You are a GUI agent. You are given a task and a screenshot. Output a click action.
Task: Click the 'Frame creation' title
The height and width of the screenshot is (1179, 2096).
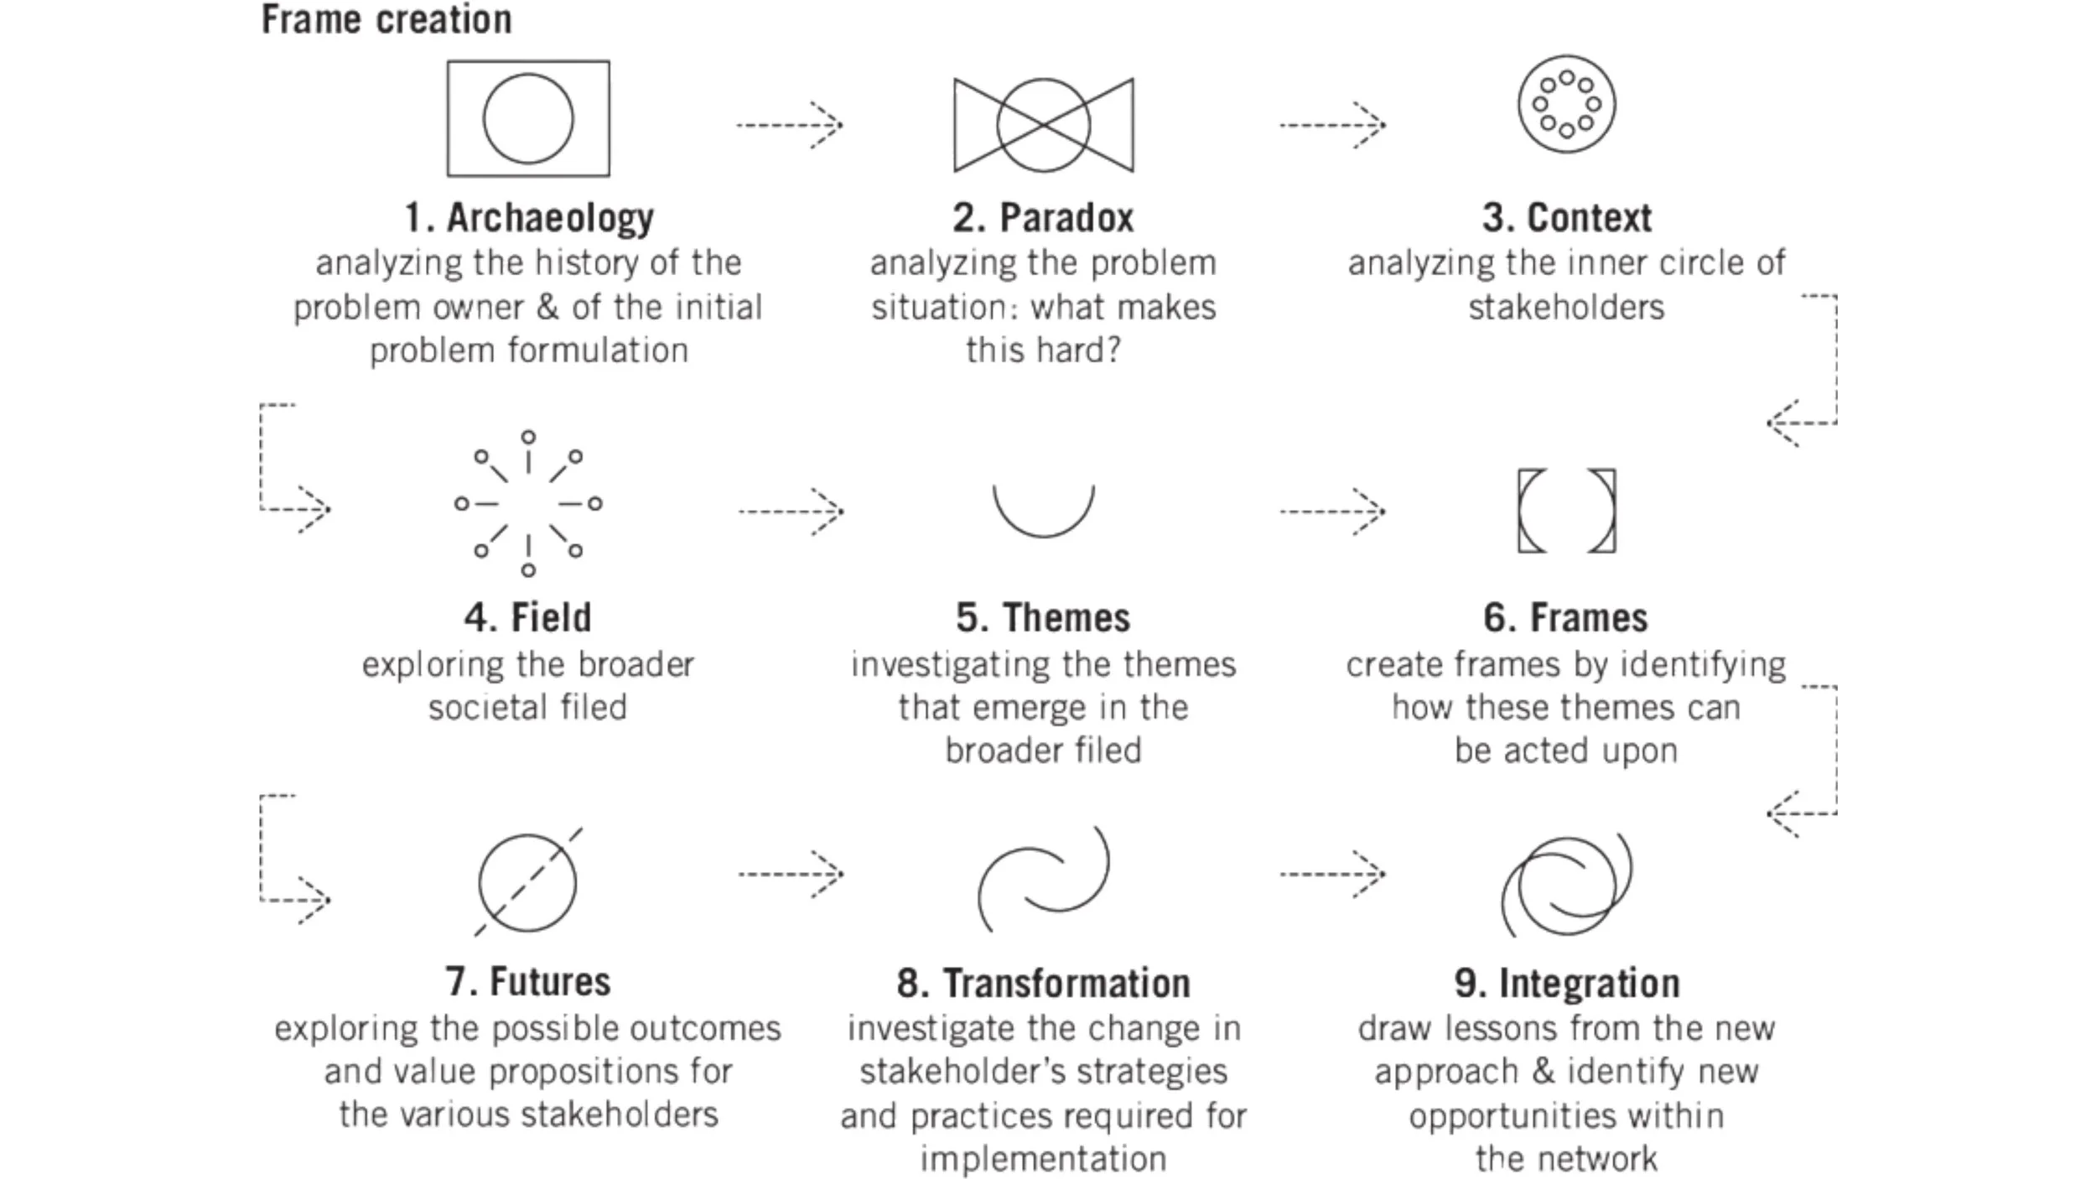click(387, 19)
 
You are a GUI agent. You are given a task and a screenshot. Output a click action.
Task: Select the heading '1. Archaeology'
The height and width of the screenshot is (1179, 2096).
click(529, 218)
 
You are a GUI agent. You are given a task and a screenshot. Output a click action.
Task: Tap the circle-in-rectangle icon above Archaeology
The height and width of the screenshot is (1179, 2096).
click(528, 118)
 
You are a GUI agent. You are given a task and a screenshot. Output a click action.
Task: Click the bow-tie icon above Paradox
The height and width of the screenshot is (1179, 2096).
click(1043, 125)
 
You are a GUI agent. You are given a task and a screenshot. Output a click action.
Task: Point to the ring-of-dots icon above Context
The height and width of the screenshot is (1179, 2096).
click(1566, 105)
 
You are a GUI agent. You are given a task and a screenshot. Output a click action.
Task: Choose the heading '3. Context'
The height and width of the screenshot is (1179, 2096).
click(1566, 218)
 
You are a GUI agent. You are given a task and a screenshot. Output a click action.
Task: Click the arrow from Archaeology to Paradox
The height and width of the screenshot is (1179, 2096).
click(789, 125)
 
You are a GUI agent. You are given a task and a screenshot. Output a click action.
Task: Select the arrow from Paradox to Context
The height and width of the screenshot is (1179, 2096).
click(1331, 125)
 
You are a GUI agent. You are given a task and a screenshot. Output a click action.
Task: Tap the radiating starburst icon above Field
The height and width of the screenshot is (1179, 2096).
click(528, 504)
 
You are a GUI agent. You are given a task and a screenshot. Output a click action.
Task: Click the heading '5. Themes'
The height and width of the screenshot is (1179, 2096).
click(1043, 618)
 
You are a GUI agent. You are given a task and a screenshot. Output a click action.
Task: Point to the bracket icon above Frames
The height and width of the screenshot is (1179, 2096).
click(1566, 511)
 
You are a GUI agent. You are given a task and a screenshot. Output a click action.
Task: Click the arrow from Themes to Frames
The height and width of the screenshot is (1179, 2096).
click(1331, 511)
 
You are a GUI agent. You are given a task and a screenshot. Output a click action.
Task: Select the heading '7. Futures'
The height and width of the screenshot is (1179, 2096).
click(528, 982)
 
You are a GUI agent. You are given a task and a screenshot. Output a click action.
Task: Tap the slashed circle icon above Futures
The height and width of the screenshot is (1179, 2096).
click(528, 882)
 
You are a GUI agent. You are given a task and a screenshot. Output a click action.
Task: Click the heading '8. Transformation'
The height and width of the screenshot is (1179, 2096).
click(1043, 984)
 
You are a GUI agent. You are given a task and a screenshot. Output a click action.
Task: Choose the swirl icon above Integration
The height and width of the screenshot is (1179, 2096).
click(1566, 885)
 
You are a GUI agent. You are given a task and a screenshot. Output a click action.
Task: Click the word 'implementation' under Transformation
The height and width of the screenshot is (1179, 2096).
click(1043, 1159)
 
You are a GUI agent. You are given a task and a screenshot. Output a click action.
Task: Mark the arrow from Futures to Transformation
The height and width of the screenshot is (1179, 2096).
click(790, 874)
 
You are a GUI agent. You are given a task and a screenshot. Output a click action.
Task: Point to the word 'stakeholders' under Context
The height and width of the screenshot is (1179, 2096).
click(1566, 308)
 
